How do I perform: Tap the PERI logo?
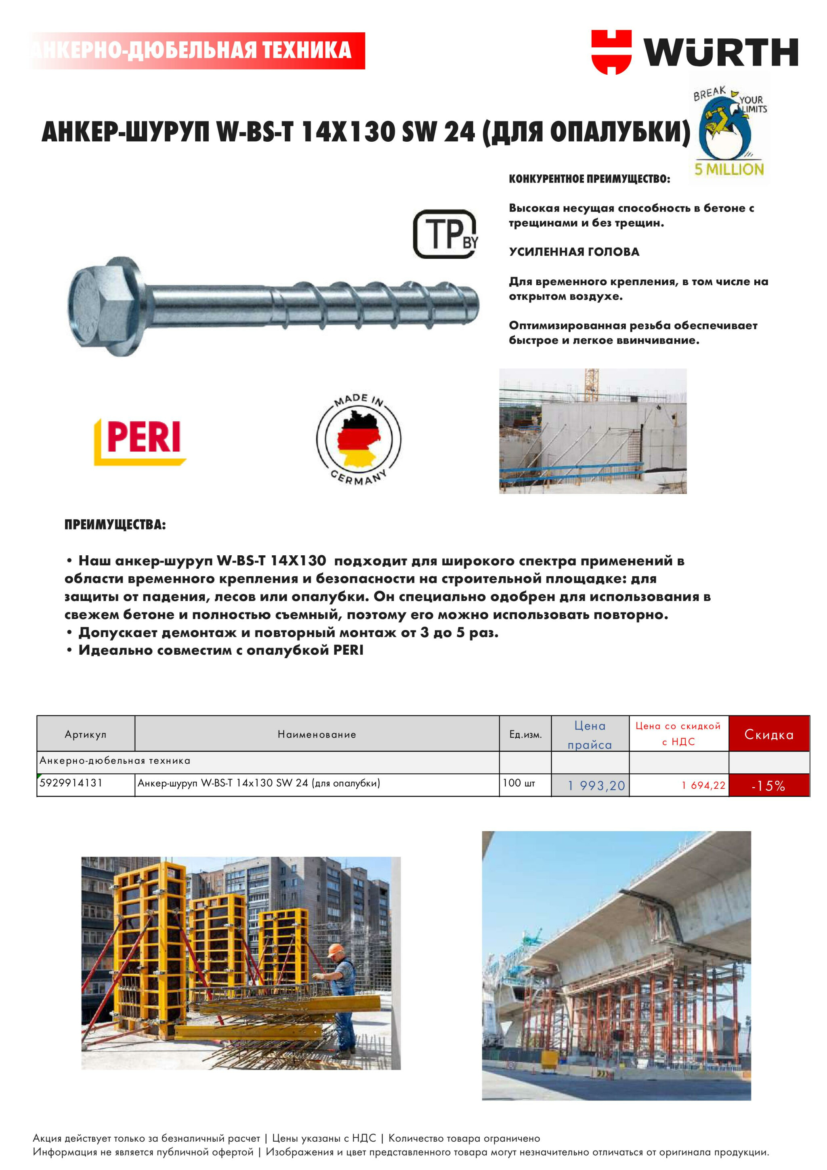click(x=140, y=441)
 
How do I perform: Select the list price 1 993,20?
click(x=596, y=785)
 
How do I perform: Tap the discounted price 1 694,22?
click(x=703, y=785)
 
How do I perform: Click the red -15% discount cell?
click(x=768, y=785)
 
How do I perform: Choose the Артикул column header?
click(x=86, y=734)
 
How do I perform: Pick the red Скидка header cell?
click(x=768, y=734)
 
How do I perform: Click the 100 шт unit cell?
click(x=519, y=783)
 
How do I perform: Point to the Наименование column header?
click(x=317, y=734)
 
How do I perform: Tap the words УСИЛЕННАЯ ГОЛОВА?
click(x=574, y=252)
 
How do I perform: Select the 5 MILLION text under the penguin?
click(x=729, y=169)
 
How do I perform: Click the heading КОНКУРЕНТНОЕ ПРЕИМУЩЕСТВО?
click(x=590, y=179)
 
